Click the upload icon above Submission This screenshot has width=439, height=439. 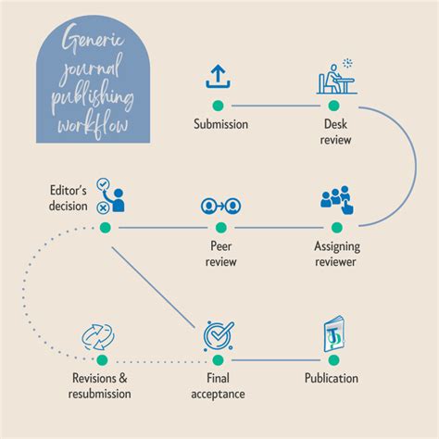coord(218,77)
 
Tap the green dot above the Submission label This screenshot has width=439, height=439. coord(219,106)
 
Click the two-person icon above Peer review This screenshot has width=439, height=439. coord(219,204)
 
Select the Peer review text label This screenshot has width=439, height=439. coord(219,254)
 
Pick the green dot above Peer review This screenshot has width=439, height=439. coord(219,227)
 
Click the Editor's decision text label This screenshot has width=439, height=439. coord(69,198)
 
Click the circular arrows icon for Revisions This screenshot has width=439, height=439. coord(101,334)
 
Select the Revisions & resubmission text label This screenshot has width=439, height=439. coord(101,385)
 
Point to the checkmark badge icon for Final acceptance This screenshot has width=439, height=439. coord(219,335)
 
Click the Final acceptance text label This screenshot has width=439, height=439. coord(219,385)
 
